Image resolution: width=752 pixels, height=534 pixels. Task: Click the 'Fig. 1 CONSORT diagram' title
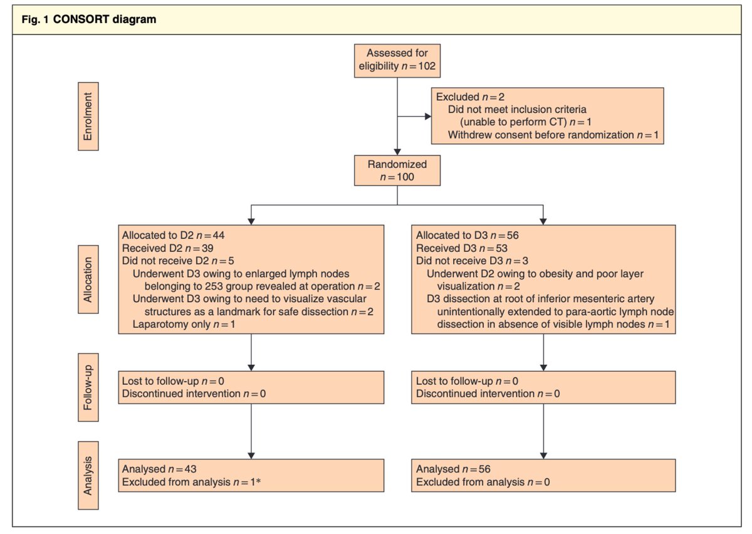(88, 19)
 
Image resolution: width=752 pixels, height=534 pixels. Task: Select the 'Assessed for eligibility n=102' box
(397, 60)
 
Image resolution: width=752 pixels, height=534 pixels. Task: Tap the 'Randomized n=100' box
(397, 170)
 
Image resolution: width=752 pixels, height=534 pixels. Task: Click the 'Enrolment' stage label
(88, 121)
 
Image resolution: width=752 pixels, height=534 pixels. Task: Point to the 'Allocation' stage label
(88, 279)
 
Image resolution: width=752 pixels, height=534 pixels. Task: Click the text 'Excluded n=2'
(462, 97)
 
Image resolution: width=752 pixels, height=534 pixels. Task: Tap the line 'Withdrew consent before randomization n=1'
(553, 135)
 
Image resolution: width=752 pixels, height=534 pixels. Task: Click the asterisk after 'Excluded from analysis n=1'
(258, 481)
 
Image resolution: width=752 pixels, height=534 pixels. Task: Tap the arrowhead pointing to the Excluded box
(428, 116)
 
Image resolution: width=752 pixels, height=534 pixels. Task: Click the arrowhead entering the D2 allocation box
(251, 221)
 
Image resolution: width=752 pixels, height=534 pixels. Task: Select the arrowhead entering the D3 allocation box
(543, 221)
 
